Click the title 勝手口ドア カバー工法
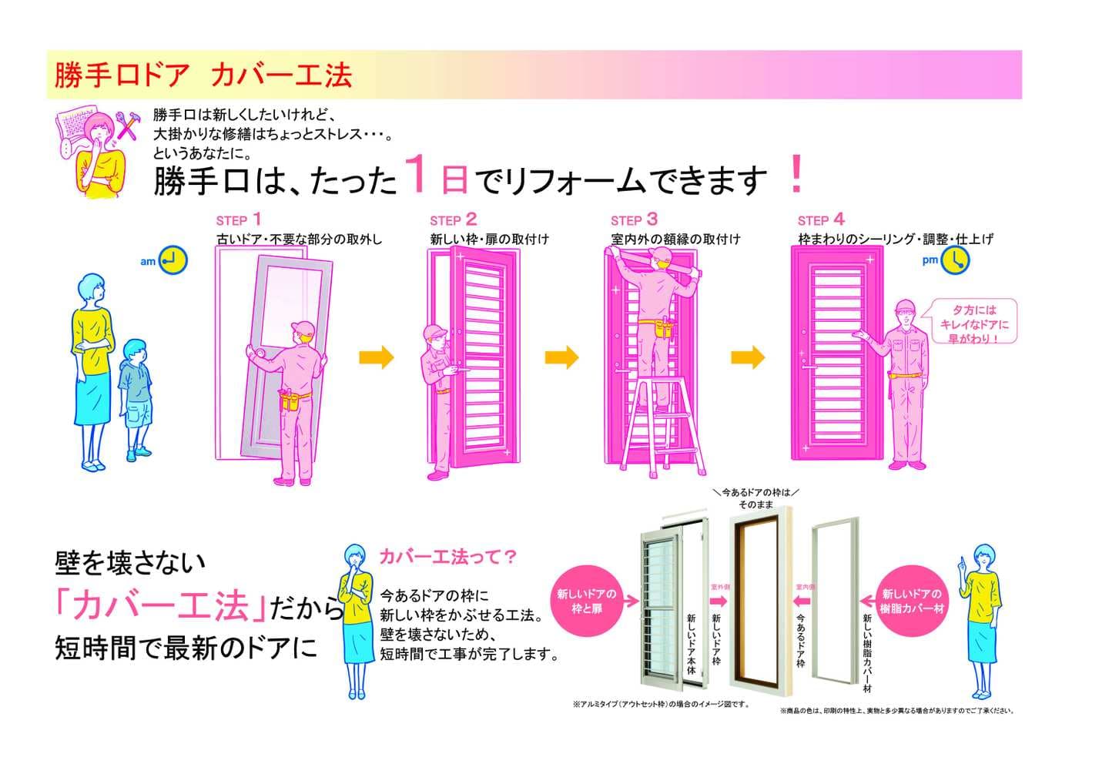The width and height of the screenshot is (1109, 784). coord(203,75)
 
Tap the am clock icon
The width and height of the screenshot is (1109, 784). coord(175,260)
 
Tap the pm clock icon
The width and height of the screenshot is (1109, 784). coord(956,260)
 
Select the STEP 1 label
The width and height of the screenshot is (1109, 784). coord(239,220)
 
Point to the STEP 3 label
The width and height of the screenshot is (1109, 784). coord(634,220)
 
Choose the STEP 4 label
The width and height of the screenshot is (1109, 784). coord(821,220)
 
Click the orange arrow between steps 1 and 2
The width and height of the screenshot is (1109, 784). coord(377,357)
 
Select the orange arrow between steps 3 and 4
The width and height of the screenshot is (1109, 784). coord(748,357)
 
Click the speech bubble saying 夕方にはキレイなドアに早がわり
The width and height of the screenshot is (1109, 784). coord(973,323)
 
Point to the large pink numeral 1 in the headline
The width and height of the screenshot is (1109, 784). coord(416,174)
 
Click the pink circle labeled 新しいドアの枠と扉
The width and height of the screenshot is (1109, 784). coord(587,601)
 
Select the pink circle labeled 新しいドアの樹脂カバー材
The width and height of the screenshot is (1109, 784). coord(911,601)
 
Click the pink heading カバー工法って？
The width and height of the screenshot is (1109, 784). coord(447,556)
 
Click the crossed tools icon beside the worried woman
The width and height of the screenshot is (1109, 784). coord(126,126)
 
